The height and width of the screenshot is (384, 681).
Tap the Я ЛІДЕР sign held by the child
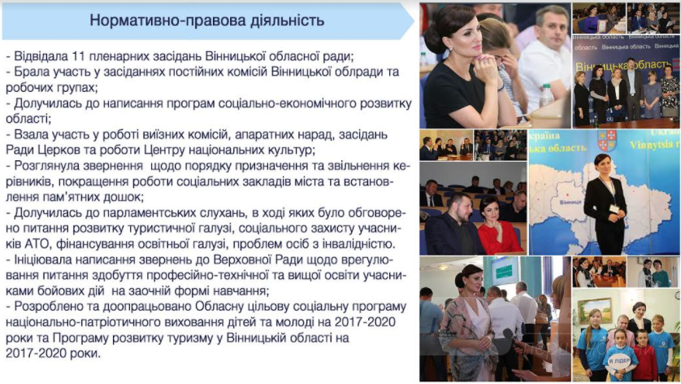[x=619, y=360]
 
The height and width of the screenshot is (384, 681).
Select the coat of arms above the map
[x=607, y=141]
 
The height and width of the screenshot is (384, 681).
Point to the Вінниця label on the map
[x=570, y=203]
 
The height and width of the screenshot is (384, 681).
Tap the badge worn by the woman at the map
[x=614, y=209]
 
